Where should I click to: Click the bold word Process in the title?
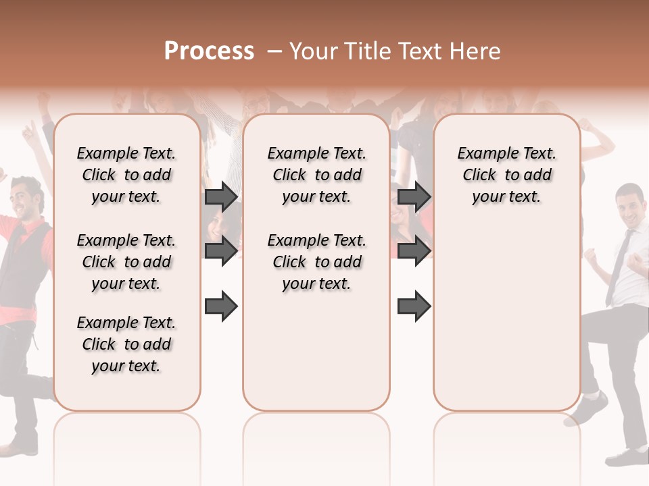click(209, 51)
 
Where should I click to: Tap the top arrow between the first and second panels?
click(221, 196)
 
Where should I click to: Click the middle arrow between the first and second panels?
click(221, 251)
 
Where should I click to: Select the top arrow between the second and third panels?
click(414, 196)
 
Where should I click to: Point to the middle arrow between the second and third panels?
click(414, 251)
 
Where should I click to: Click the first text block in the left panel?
click(126, 175)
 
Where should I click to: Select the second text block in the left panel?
click(126, 262)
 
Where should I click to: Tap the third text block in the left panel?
click(126, 344)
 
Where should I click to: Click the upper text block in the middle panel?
click(316, 175)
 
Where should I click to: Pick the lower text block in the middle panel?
click(316, 262)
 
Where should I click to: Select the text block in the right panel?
click(507, 175)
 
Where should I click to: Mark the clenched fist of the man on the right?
click(636, 262)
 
